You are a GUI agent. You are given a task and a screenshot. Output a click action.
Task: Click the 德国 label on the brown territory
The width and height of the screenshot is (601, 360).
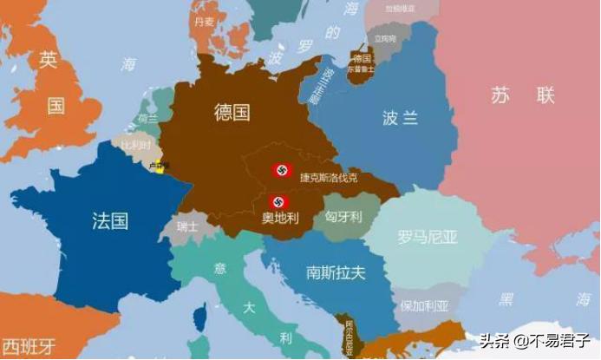coord(232,112)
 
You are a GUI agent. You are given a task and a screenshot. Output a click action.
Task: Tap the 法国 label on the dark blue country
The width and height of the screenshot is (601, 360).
coord(110,220)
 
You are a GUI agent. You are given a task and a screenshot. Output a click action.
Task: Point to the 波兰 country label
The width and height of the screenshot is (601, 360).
coord(400,117)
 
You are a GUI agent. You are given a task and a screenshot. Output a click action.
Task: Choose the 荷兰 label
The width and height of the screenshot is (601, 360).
coord(147,119)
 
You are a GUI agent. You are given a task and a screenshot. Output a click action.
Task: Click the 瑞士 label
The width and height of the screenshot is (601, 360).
coord(186,227)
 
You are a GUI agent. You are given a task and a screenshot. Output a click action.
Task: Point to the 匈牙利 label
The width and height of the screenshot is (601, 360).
coord(343,216)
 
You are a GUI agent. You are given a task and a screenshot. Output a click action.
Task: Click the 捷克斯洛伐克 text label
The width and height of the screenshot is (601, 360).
coord(329,177)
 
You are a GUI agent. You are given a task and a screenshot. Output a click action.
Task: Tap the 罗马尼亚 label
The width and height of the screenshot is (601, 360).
coord(428,236)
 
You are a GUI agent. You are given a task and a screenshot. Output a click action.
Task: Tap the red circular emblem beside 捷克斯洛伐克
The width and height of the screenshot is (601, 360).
coord(280,170)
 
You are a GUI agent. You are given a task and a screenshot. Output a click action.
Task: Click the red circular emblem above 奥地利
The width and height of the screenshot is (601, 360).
coord(278,202)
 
